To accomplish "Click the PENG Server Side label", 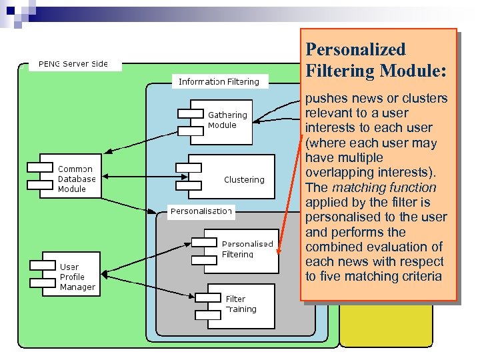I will tap(73, 64).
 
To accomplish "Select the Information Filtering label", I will tap(219, 82).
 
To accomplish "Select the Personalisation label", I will tap(201, 211).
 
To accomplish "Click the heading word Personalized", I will tap(355, 49).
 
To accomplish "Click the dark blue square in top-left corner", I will tap(11, 10).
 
